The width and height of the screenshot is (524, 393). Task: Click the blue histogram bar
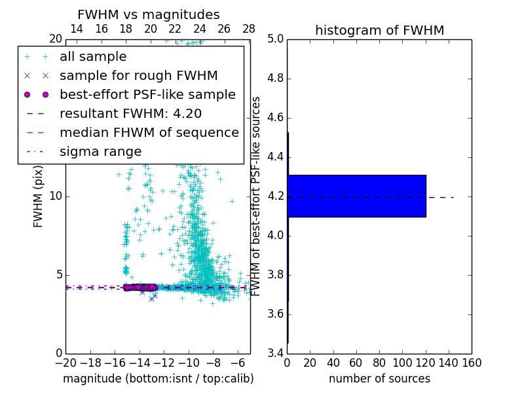(x=356, y=196)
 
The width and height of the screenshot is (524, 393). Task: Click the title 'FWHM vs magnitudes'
(x=149, y=15)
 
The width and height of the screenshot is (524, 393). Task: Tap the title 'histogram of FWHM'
(x=379, y=30)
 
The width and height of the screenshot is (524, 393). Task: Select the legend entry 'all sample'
(x=93, y=57)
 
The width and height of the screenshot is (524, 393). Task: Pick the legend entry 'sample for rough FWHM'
(x=138, y=75)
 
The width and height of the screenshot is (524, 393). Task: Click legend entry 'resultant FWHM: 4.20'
(x=130, y=113)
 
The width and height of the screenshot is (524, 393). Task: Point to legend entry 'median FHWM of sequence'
(x=149, y=132)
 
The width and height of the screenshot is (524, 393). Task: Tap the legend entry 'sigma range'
(x=100, y=151)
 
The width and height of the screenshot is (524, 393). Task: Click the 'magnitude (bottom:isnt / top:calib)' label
(x=158, y=379)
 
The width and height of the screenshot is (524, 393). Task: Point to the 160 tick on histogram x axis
(x=472, y=363)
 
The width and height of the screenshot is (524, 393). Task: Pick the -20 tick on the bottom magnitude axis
(x=65, y=363)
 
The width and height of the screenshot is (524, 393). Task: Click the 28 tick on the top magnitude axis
(x=249, y=29)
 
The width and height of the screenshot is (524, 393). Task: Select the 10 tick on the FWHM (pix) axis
(x=55, y=196)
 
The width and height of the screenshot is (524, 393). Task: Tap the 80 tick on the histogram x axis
(x=379, y=363)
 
